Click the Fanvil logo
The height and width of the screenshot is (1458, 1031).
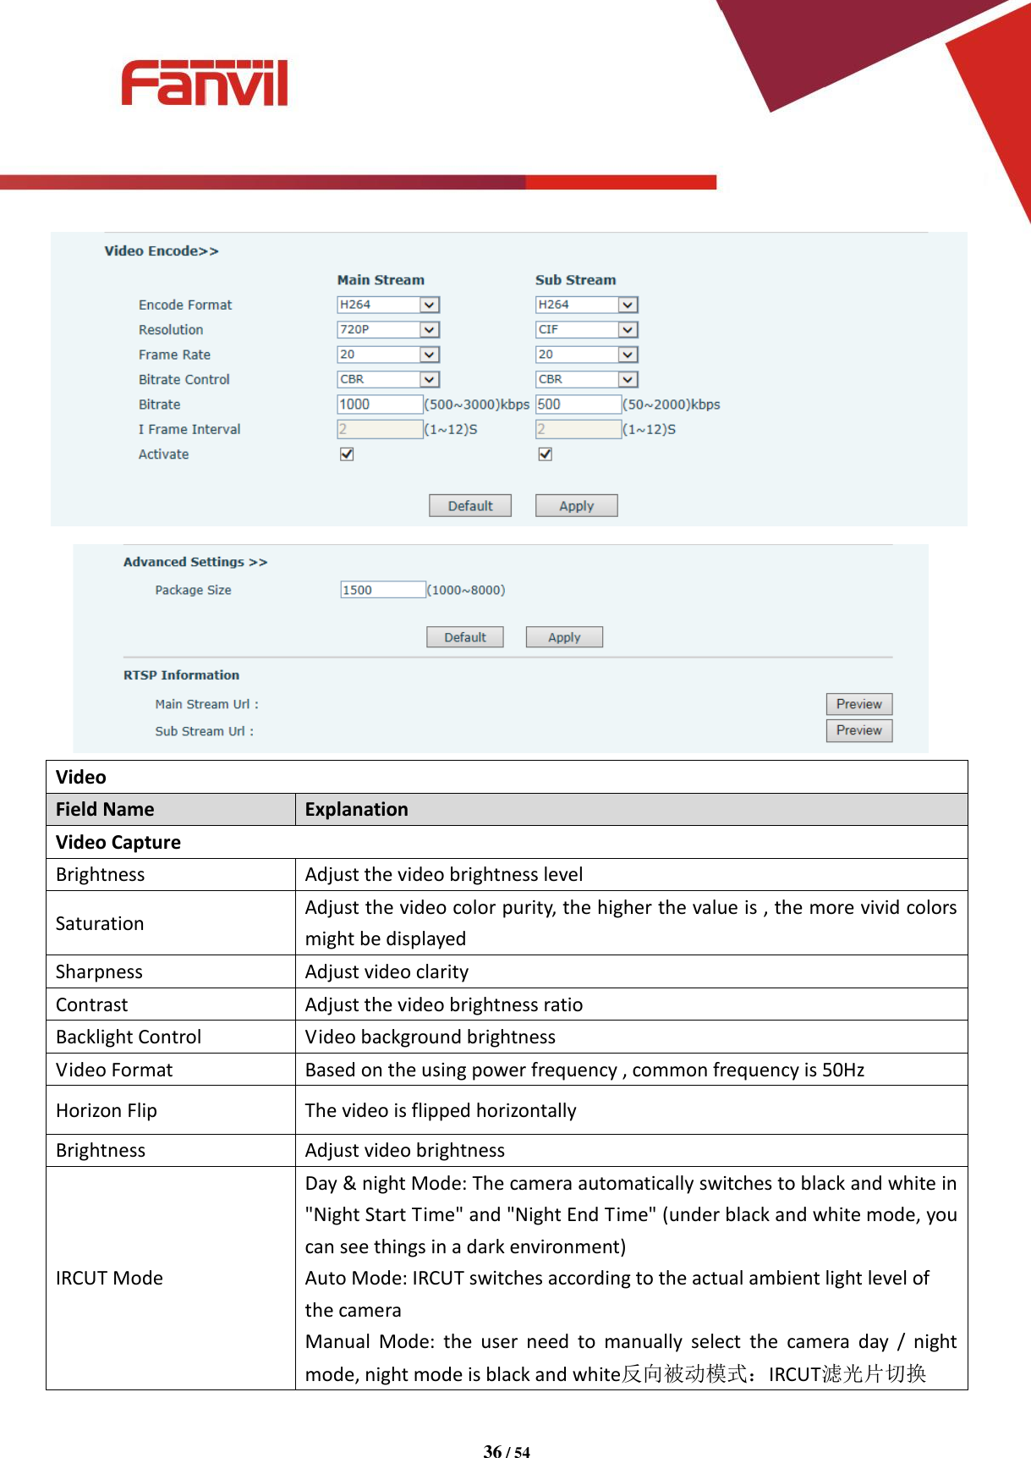point(204,83)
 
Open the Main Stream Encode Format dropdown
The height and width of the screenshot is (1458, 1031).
point(388,305)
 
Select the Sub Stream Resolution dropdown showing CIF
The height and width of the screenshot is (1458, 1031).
point(586,329)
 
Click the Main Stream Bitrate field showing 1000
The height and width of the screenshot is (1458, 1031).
point(379,404)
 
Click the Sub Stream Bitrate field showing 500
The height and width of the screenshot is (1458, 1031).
point(578,404)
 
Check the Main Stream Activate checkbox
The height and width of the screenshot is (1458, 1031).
point(347,454)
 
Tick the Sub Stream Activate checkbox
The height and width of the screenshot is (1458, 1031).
point(546,454)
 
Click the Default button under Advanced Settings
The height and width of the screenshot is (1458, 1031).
point(464,637)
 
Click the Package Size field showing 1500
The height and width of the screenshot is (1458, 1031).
point(382,590)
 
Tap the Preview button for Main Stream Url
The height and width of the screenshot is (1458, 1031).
point(858,704)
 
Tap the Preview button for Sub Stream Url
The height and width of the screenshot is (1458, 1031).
point(858,730)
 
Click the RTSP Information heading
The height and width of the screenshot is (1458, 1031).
point(181,675)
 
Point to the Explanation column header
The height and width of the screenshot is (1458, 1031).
point(356,810)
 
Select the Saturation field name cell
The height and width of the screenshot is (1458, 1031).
point(100,923)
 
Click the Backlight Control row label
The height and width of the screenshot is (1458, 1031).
point(129,1037)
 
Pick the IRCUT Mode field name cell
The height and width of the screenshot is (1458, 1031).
point(109,1278)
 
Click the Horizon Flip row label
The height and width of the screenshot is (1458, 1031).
point(107,1110)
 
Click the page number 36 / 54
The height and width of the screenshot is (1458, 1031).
point(507,1451)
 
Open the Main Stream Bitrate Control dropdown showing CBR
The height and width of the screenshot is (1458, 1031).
point(388,379)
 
